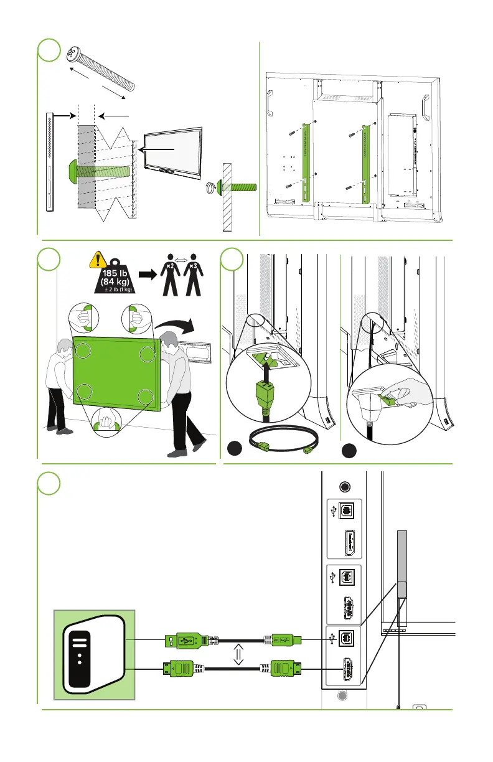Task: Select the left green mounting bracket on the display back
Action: (306, 162)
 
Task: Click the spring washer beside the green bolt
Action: (211, 186)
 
